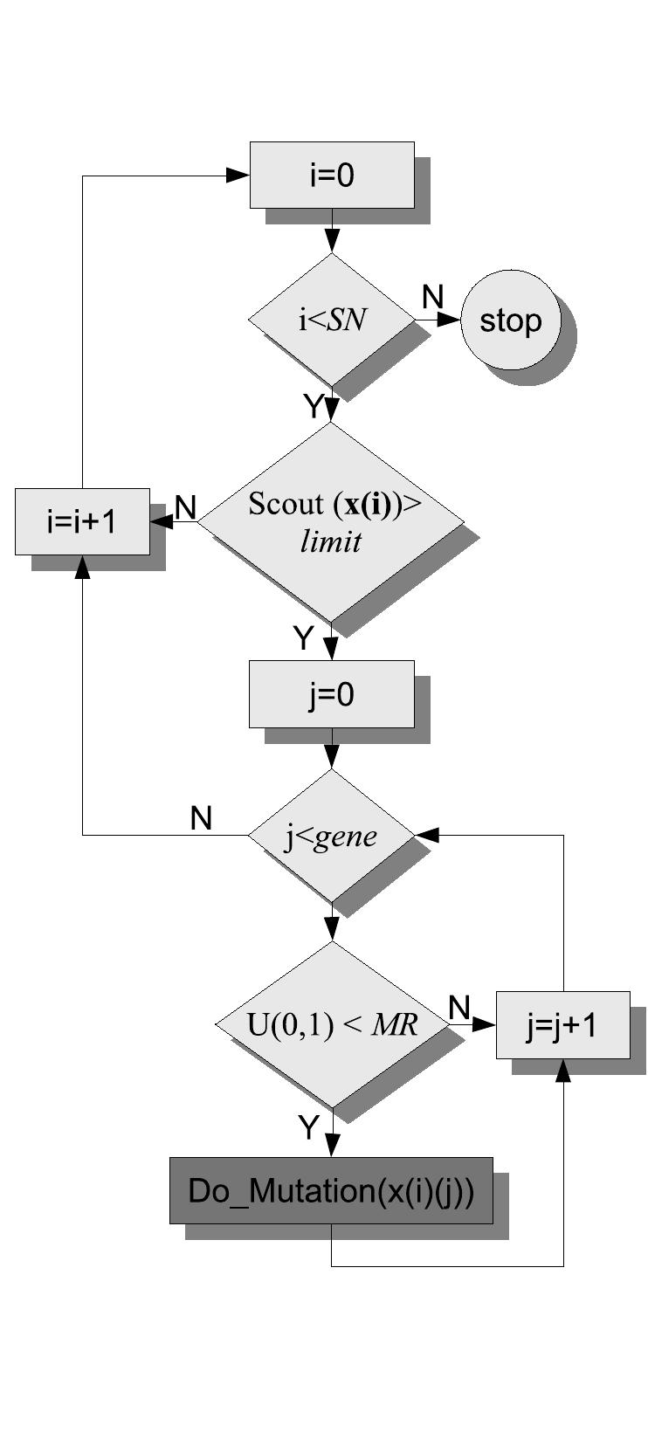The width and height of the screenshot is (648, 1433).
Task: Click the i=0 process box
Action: (332, 176)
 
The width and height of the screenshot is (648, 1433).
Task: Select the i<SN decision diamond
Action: (331, 320)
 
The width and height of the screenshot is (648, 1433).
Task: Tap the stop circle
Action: (510, 320)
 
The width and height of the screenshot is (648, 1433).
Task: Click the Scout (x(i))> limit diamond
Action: (331, 522)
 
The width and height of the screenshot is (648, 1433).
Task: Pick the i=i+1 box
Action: (82, 522)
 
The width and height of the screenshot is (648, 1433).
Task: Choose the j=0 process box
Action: (331, 694)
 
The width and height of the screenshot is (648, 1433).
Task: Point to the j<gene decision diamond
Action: (331, 836)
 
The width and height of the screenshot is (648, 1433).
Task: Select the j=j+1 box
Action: (562, 1025)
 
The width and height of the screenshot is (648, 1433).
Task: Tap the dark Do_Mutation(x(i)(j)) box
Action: (331, 1190)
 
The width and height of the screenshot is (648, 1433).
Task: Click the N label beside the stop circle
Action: (432, 297)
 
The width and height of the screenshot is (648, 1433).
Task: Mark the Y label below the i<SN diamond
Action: (312, 405)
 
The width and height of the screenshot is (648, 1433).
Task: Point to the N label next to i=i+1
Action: (185, 506)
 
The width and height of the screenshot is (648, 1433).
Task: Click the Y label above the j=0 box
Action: (302, 638)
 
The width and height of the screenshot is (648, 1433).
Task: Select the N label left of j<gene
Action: (201, 818)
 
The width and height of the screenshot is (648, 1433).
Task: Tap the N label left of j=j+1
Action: (459, 1008)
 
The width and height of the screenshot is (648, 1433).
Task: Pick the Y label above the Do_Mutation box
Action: (308, 1127)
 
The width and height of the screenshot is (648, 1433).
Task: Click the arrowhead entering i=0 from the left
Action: (238, 176)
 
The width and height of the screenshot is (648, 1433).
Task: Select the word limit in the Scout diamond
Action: (330, 542)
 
